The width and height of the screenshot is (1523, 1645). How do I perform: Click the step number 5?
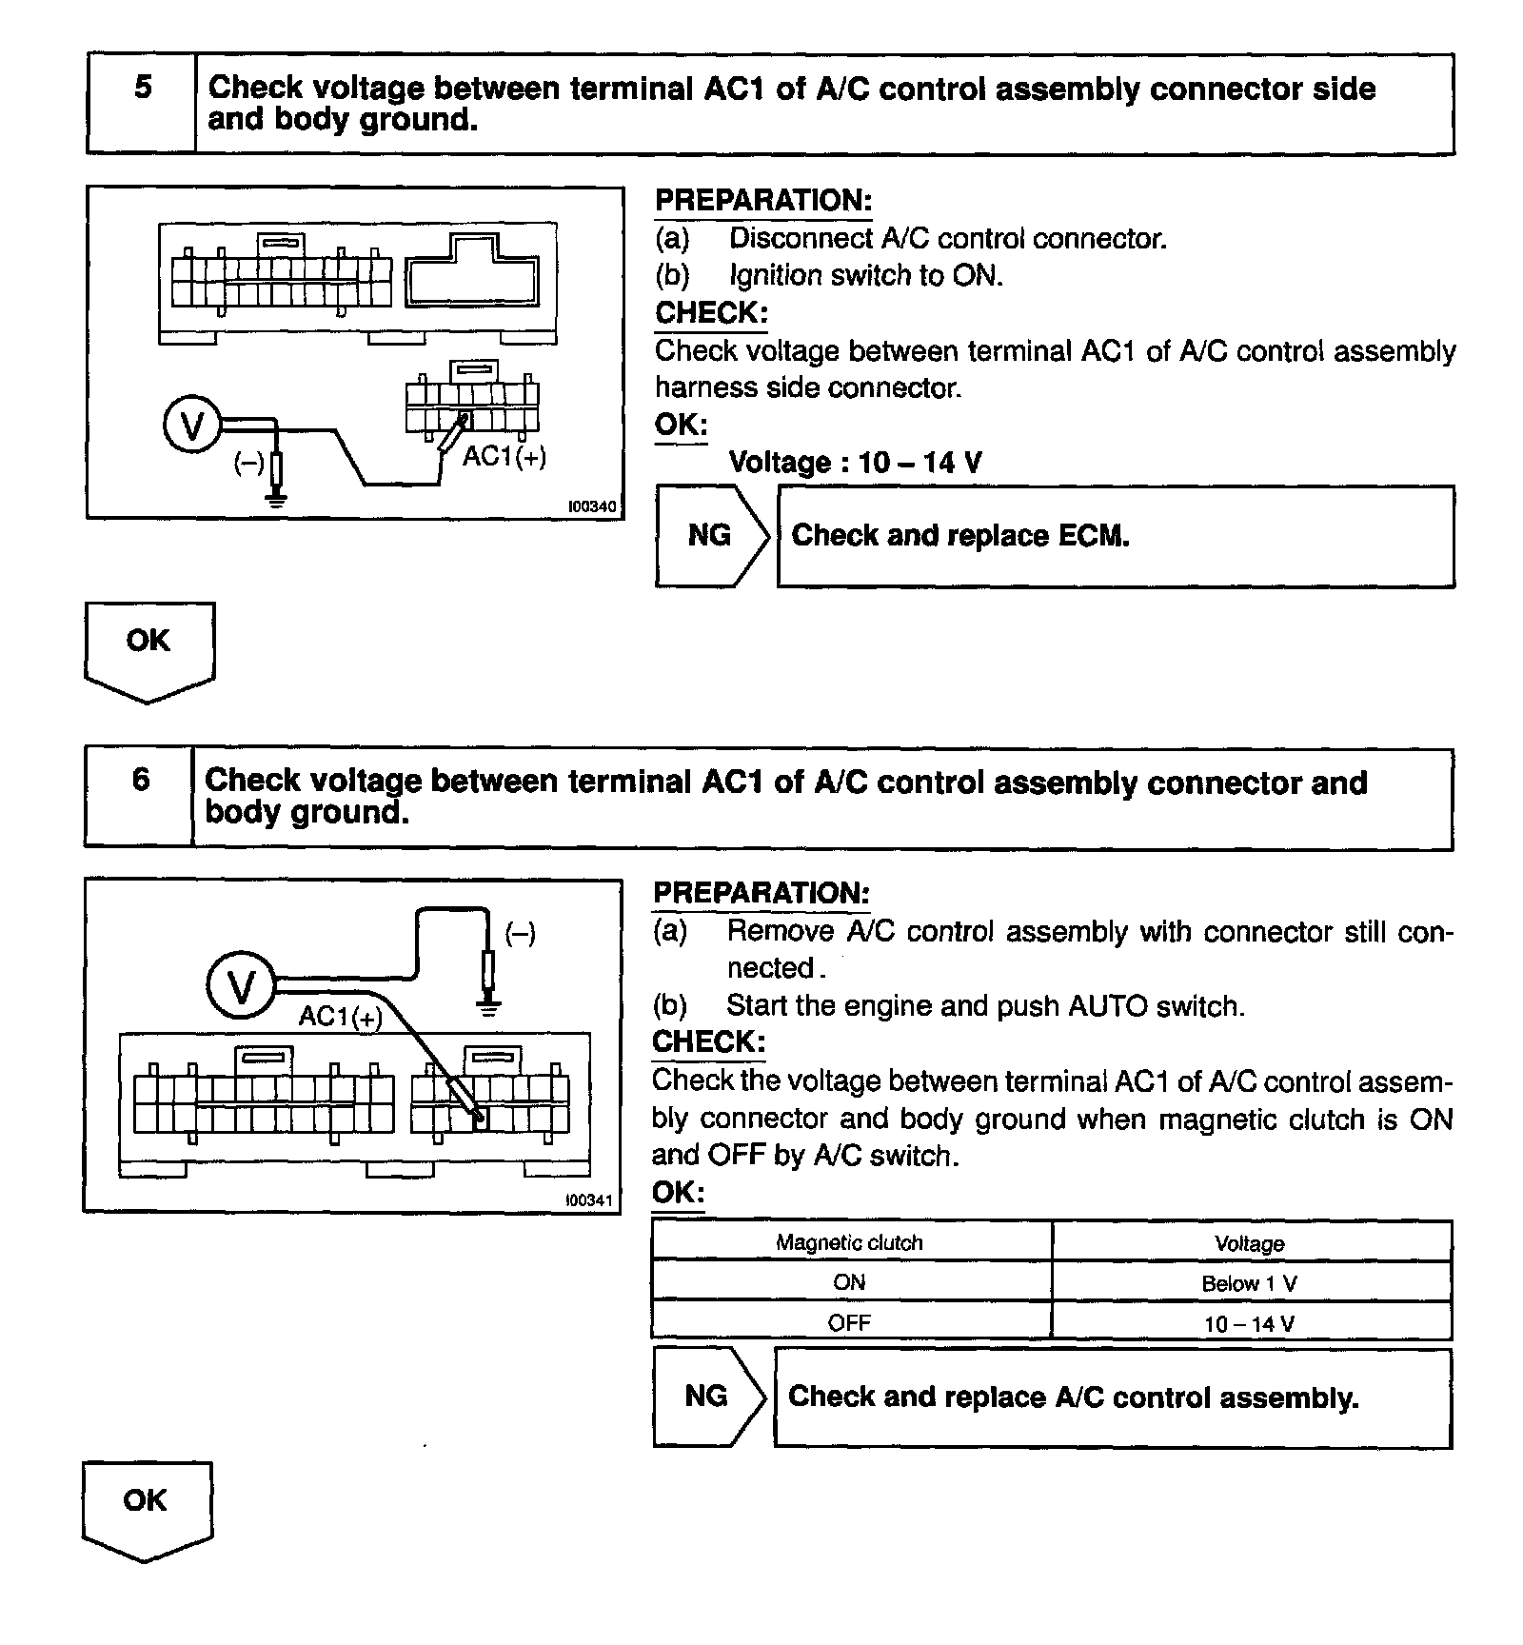(143, 88)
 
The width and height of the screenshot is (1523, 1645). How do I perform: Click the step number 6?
(141, 780)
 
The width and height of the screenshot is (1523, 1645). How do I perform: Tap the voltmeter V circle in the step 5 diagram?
(192, 426)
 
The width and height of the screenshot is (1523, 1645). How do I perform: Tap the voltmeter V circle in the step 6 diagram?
(241, 986)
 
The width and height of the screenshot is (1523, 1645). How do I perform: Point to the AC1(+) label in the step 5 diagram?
(504, 457)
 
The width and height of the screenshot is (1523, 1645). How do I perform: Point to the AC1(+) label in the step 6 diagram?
(340, 1017)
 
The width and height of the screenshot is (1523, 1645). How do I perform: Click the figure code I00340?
(592, 506)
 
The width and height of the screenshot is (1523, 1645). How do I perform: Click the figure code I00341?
(589, 1199)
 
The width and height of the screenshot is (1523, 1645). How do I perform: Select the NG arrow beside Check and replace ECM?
(710, 536)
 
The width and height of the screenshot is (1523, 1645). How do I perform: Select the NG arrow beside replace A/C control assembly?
(707, 1397)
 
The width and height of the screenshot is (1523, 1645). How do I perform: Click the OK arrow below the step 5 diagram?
(148, 647)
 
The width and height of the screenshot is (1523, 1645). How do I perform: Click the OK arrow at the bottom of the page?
(146, 1508)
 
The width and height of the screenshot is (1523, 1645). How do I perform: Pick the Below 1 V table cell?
(1249, 1283)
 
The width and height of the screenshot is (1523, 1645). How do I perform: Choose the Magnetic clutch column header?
(849, 1242)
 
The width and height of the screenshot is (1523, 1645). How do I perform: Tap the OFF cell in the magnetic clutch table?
(849, 1322)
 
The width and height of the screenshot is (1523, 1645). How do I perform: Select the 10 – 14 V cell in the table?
(1249, 1323)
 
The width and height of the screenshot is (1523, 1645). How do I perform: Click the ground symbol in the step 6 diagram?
(488, 1006)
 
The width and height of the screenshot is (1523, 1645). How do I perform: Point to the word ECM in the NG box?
(1097, 536)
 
